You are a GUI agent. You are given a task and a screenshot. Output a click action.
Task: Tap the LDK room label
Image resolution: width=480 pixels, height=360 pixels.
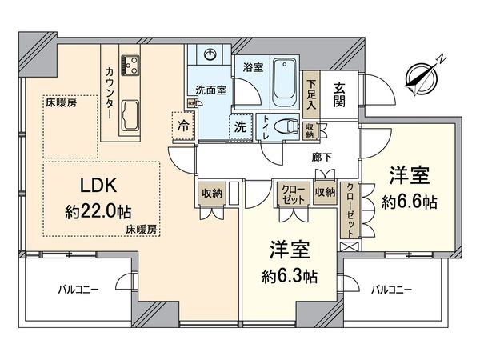99,185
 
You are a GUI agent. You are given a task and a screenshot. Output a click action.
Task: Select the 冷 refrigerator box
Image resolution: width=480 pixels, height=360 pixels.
183,126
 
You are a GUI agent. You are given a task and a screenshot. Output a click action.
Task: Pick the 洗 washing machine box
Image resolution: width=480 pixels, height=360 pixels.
239,125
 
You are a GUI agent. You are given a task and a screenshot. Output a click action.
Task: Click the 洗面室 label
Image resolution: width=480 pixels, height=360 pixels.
210,90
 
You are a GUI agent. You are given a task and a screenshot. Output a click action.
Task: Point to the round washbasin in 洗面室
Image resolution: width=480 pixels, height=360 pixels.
209,54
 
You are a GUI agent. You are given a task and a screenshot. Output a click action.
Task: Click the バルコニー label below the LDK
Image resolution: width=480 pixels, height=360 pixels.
78,290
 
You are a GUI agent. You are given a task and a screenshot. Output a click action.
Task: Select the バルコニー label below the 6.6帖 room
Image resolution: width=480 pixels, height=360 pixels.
393,290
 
